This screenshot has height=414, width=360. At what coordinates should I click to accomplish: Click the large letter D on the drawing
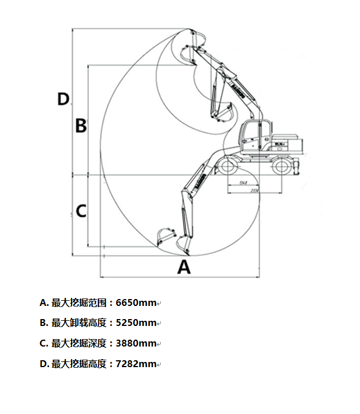tap(63, 99)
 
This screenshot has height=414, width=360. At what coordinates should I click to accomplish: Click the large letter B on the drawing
tap(81, 125)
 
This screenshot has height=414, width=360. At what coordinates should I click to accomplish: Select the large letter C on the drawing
tap(81, 211)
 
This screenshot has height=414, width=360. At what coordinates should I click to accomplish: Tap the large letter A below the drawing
tap(183, 266)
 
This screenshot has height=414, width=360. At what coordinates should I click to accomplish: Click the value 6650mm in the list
tap(136, 302)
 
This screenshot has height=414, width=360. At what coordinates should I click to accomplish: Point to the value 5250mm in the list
tap(136, 323)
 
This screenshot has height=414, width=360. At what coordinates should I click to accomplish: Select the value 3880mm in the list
tap(136, 343)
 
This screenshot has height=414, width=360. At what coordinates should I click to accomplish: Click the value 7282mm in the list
tap(136, 364)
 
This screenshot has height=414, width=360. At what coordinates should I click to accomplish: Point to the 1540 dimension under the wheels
tap(242, 183)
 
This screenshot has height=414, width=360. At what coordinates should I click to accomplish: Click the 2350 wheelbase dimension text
tap(256, 190)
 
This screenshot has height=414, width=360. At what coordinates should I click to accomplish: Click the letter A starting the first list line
tap(43, 302)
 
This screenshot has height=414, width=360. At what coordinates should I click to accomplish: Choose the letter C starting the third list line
tap(43, 343)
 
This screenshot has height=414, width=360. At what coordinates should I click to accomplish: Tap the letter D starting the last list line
tap(43, 364)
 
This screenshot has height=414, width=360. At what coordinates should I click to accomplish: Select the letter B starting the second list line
tap(43, 323)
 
